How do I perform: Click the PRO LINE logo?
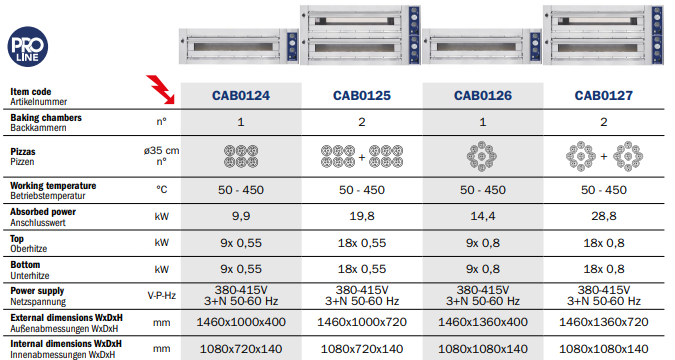pos(28,47)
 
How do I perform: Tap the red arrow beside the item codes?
pos(161,90)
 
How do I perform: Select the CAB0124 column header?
pos(241,95)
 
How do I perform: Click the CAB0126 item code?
pos(483,95)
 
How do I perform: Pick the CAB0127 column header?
pos(604,95)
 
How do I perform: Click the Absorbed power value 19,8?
pos(362,216)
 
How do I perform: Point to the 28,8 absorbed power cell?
pos(604,216)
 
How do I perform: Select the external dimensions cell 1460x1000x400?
pos(241,322)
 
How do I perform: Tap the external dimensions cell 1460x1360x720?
pos(604,322)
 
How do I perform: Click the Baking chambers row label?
pos(46,122)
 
